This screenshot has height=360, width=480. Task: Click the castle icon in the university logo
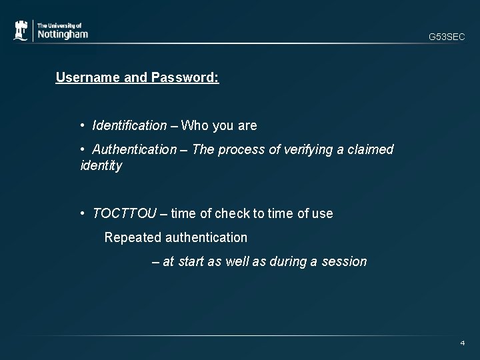tap(21, 31)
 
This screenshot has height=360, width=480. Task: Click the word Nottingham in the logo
tap(62, 35)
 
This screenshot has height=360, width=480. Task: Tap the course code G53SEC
tap(447, 37)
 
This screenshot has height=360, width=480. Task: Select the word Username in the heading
tap(84, 77)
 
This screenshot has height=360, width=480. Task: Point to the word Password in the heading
tap(185, 77)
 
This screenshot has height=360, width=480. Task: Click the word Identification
tap(130, 125)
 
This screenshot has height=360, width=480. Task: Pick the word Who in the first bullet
tap(195, 125)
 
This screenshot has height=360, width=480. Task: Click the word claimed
tap(370, 149)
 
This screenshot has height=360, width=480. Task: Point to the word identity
tap(101, 165)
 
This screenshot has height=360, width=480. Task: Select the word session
tap(344, 261)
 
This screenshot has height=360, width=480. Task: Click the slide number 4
tap(462, 343)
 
